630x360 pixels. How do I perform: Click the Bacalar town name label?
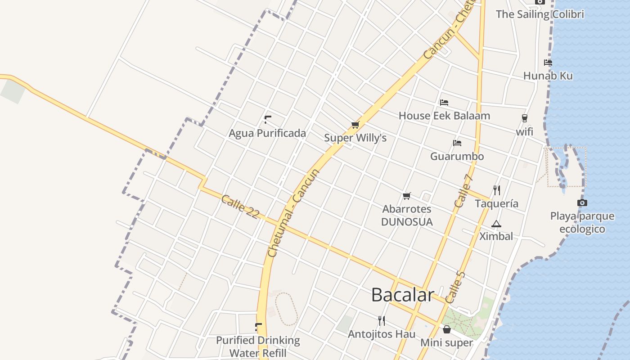[x=402, y=295]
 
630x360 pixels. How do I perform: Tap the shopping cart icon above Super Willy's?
[x=355, y=125]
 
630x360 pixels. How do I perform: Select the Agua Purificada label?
[x=267, y=133]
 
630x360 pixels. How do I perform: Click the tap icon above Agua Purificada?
[x=268, y=120]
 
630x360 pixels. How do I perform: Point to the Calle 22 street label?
[x=240, y=207]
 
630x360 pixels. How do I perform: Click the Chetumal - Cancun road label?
[x=293, y=213]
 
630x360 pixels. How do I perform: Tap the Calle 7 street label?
[x=464, y=190]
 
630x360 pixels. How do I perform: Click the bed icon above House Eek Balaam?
[x=444, y=103]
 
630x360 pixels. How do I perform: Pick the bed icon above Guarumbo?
[x=457, y=143]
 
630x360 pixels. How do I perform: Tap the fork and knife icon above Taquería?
[x=497, y=190]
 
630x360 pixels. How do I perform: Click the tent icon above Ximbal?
[x=496, y=224]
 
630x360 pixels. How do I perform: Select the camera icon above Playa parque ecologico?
[x=582, y=203]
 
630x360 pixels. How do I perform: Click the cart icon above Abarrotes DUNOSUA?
[x=407, y=196]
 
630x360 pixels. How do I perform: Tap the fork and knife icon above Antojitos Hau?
[x=382, y=320]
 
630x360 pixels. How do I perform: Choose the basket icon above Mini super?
[x=447, y=329]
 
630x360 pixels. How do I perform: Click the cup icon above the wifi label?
[x=524, y=118]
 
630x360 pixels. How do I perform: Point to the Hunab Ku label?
[x=548, y=76]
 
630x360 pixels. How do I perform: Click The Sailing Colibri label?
[x=540, y=14]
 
